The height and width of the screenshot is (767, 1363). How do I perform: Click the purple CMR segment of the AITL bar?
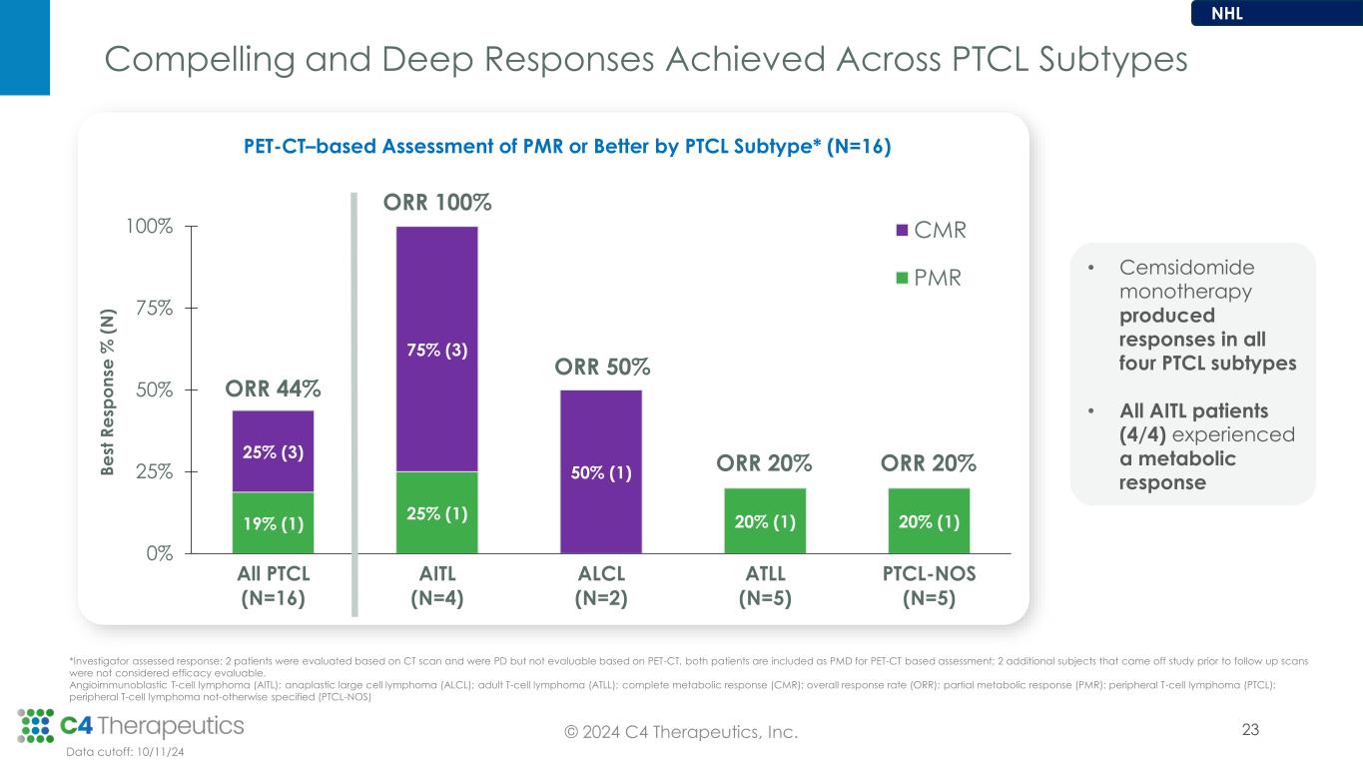click(x=436, y=349)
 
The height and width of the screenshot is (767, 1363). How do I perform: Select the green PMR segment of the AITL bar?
click(x=436, y=512)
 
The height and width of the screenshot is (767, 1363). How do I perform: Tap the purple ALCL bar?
click(x=600, y=470)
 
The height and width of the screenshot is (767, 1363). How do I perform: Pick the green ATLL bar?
click(x=764, y=520)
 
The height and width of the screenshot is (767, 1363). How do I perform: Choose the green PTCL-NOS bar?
click(x=928, y=520)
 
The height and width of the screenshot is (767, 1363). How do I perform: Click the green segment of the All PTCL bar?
click(x=273, y=522)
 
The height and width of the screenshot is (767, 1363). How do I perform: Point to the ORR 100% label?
click(x=436, y=203)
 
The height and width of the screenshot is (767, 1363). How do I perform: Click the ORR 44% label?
click(x=273, y=387)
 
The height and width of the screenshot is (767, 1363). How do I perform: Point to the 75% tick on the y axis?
click(x=155, y=308)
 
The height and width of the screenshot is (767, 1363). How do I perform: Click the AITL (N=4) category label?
click(x=436, y=586)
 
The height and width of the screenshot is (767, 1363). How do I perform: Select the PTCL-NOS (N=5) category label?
click(x=928, y=586)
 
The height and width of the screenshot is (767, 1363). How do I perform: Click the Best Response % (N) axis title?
click(x=108, y=389)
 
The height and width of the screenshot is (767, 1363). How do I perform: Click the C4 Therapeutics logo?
click(x=131, y=725)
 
